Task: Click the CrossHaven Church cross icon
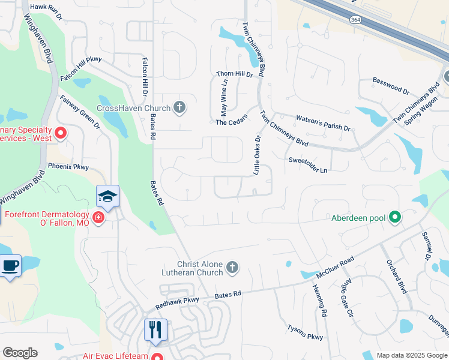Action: (178, 108)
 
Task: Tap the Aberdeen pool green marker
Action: (395, 217)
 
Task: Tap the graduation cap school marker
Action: (108, 196)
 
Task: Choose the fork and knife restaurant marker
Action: (155, 329)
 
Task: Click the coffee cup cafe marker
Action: (10, 265)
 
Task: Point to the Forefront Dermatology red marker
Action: (98, 217)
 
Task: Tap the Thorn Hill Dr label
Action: (235, 74)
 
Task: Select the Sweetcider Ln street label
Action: (308, 163)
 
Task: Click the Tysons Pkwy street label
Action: (305, 332)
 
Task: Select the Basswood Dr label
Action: (391, 86)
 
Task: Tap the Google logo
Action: (20, 353)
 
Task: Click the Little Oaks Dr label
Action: (257, 155)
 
